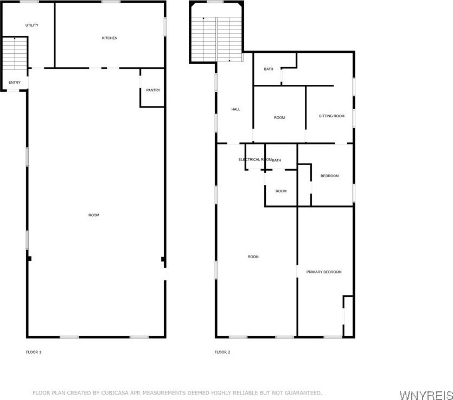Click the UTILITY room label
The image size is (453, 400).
32,25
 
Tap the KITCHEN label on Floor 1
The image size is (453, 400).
110,38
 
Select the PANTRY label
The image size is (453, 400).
153,90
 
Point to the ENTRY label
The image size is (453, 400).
15,83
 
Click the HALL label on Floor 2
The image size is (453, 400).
236,109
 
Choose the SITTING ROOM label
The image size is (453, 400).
331,116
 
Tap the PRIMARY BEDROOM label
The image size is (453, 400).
324,272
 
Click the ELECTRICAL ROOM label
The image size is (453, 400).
255,160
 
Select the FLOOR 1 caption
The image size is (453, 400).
34,352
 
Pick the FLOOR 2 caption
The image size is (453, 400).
222,352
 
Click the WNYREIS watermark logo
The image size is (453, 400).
426,395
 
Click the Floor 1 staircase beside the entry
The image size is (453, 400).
15,53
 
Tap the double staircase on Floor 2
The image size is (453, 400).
216,39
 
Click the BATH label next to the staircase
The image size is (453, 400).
269,69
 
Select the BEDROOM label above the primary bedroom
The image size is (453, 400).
330,176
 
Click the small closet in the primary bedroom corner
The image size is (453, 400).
348,316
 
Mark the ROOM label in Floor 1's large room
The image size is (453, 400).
94,215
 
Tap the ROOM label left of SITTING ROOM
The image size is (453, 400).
279,118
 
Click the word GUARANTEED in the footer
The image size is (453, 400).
303,393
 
